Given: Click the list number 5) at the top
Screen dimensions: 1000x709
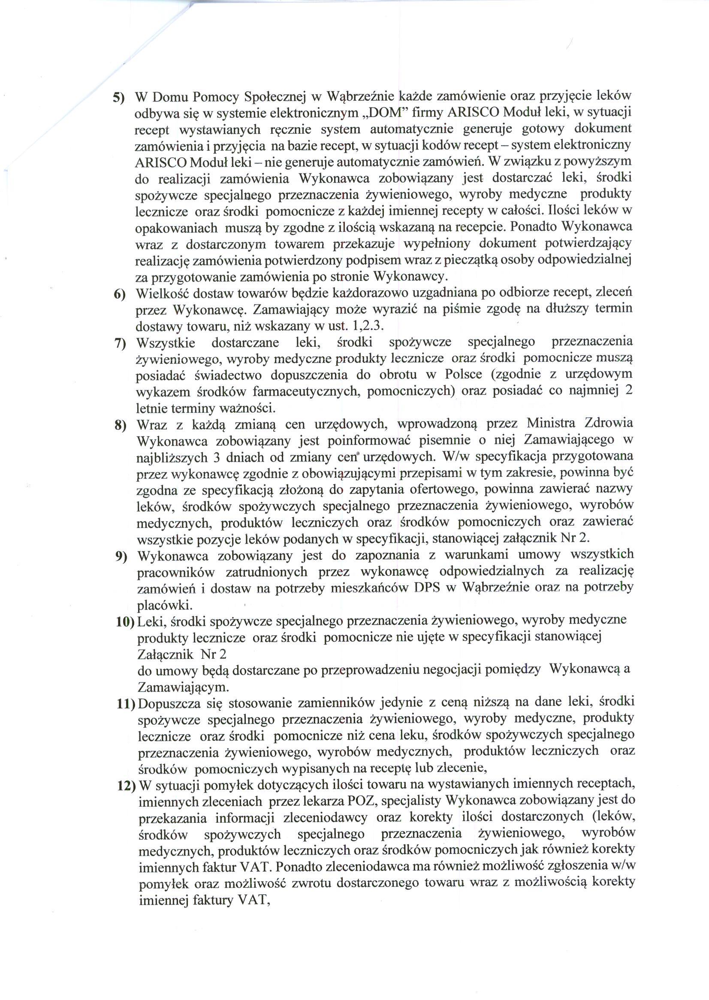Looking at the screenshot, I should (x=119, y=97).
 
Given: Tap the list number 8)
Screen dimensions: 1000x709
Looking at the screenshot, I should (x=121, y=425).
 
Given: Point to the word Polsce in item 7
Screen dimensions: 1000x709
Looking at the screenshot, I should (x=463, y=374).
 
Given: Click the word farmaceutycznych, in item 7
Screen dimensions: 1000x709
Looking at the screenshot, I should (x=307, y=391).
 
